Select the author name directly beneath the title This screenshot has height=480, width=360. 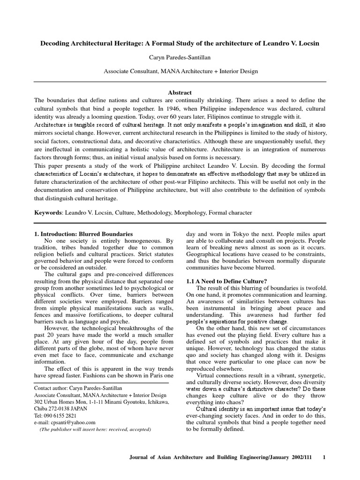pos(180,57)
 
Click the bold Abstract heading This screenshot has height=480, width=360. pos(180,93)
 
